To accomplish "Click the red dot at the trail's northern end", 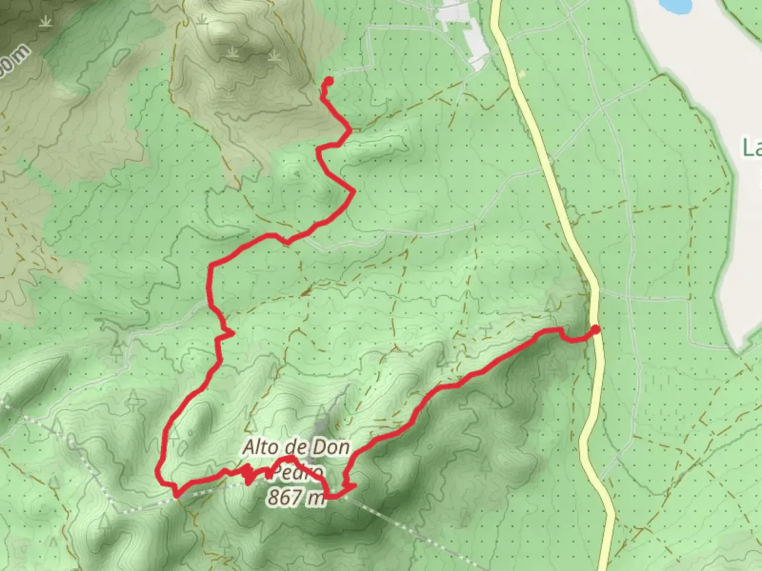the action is [x=328, y=81].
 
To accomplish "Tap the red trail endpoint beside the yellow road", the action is [x=595, y=330].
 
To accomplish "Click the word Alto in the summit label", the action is [x=260, y=448].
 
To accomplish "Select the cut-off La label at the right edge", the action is [x=751, y=148].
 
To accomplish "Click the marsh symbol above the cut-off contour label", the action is [x=46, y=21].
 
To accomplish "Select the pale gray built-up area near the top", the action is [x=466, y=32].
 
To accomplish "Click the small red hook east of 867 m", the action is [x=348, y=485].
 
